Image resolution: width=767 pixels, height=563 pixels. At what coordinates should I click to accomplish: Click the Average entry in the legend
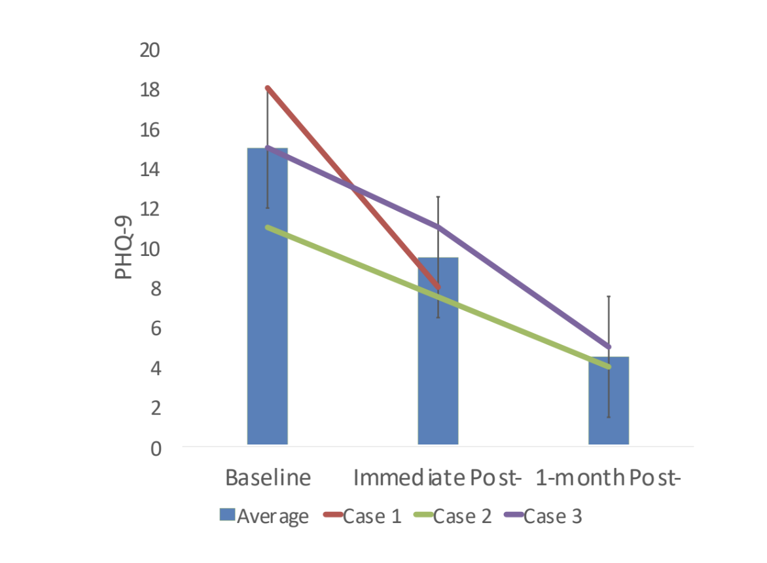pos(264,516)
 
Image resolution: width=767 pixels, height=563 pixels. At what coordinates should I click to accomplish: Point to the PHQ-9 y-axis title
pos(124,249)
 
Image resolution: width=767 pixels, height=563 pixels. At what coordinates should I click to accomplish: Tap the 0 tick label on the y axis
pos(156,449)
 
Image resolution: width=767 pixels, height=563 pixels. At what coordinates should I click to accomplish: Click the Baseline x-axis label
pos(268,477)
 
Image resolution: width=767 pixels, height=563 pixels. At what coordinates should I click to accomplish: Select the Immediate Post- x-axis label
pos(437,477)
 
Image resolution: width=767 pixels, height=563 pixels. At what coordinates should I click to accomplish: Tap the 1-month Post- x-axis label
pos(609,477)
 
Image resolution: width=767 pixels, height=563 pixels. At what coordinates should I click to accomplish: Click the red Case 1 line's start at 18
pos(268,88)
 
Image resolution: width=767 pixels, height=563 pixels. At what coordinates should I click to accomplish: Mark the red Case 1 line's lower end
pos(438,287)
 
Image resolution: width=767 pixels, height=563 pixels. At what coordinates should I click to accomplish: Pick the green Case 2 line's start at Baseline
pos(268,227)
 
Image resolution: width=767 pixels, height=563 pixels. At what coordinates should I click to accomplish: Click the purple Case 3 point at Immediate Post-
pos(438,227)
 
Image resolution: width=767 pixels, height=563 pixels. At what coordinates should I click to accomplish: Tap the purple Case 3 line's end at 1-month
pos(609,347)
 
